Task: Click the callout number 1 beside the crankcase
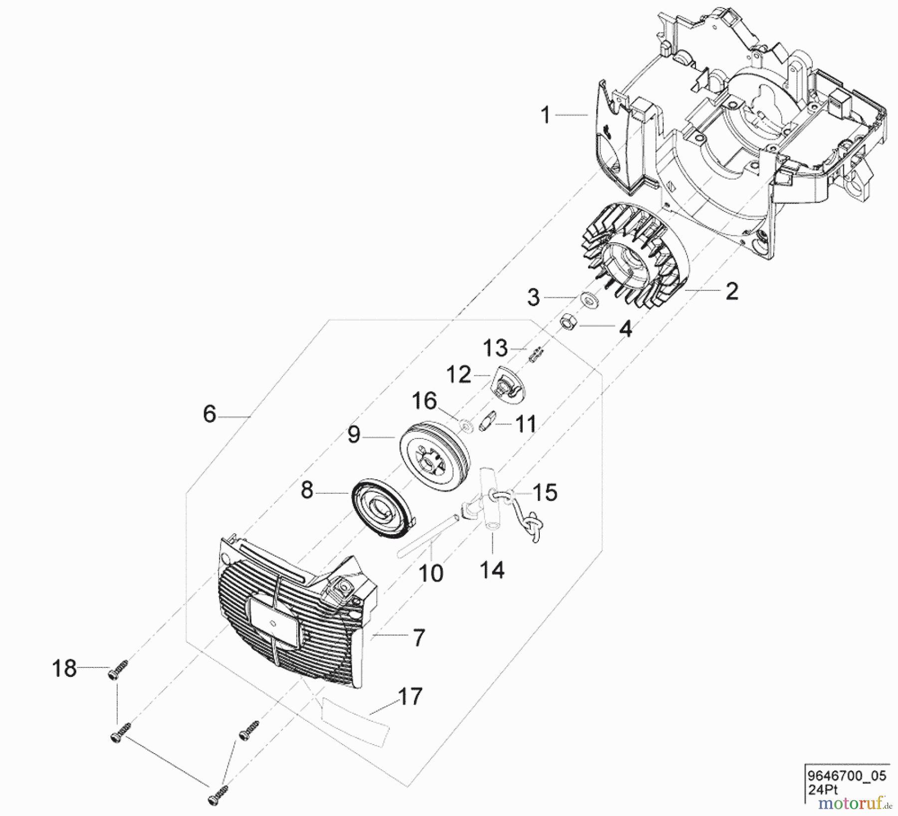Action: point(545,115)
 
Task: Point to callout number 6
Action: point(210,414)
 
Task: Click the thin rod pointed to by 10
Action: point(429,537)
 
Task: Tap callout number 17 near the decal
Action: point(410,696)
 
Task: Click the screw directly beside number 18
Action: point(117,669)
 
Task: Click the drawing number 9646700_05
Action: point(847,776)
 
